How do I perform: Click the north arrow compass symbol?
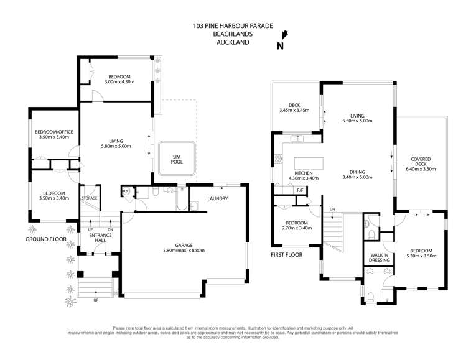[284, 37]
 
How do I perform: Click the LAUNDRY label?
[217, 198]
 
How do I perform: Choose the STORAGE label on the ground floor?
[89, 198]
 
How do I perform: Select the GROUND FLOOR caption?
[45, 239]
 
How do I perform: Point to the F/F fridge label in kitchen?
[300, 190]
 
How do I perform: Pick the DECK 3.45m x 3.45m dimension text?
[294, 111]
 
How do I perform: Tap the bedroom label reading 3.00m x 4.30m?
[119, 81]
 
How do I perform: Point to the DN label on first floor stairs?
[333, 209]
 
